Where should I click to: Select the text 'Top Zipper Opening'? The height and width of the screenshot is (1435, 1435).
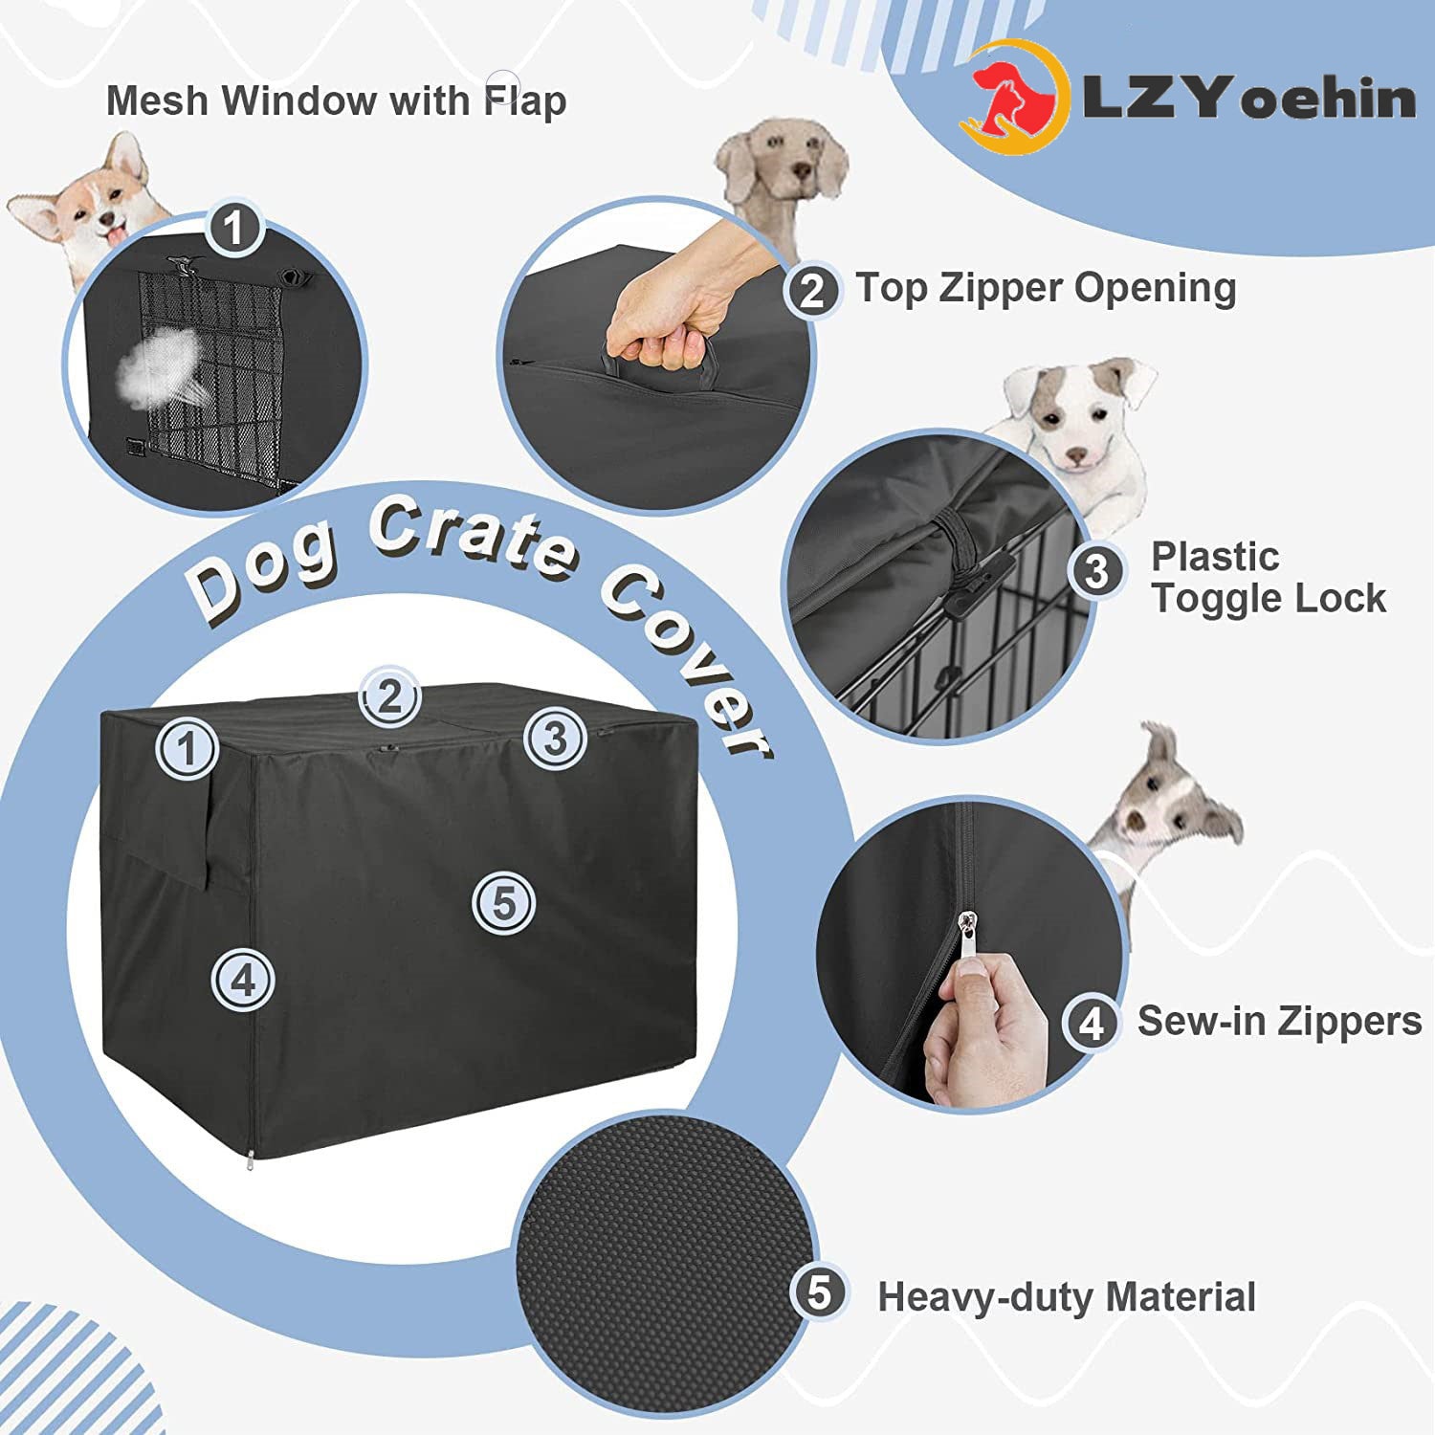tap(1045, 287)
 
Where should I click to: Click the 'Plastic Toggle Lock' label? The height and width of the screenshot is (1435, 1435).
tap(1268, 577)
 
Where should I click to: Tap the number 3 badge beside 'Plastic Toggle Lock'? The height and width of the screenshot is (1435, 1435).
tap(1096, 571)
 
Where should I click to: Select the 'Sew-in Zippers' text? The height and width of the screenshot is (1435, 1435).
tap(1279, 1022)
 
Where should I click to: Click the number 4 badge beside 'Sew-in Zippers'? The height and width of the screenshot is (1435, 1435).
tap(1092, 1025)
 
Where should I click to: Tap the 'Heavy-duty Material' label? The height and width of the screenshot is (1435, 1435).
tap(1066, 1297)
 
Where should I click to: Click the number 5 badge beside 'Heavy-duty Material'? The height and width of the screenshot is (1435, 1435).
tap(819, 1292)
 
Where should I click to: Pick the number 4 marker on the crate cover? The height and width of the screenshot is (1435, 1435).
tap(243, 980)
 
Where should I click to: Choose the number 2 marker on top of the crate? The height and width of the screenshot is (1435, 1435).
tap(388, 696)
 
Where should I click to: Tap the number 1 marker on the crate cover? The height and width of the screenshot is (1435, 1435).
tap(187, 747)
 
